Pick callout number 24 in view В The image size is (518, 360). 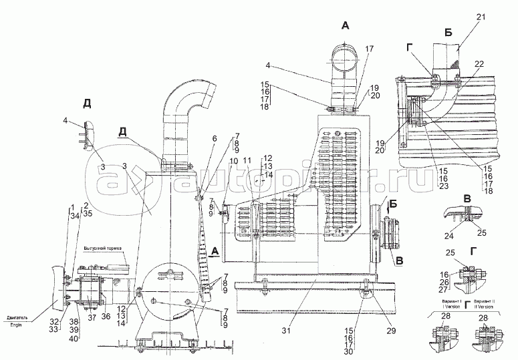click(x=448, y=234)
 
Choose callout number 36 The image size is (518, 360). click(x=106, y=317)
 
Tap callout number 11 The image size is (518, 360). click(x=247, y=161)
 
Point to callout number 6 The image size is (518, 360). click(x=215, y=138)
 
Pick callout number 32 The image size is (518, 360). click(x=55, y=320)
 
